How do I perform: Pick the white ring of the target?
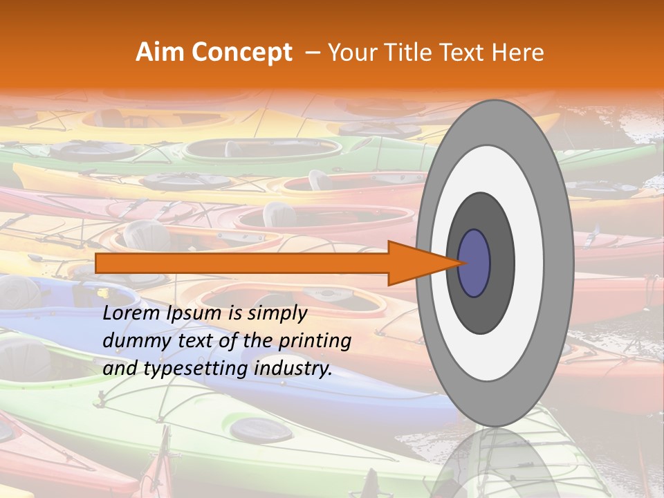pos(529,264)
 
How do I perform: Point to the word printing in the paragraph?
pos(314,342)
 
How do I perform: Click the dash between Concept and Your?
pos(312,53)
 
